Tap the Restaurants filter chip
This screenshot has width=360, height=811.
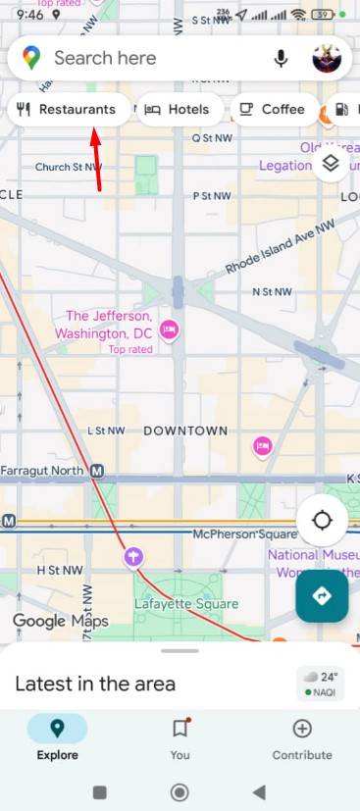click(68, 110)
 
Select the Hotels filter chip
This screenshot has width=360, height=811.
click(178, 110)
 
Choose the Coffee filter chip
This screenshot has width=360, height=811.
click(273, 110)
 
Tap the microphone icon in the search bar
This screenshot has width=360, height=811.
click(282, 59)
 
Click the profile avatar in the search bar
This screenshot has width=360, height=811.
click(326, 59)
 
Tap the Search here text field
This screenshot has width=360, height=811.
click(147, 59)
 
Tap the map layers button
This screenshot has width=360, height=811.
click(331, 164)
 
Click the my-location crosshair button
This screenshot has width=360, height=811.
click(322, 519)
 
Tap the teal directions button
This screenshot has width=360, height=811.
click(322, 595)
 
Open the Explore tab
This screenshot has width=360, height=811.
click(57, 737)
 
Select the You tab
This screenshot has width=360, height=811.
click(180, 737)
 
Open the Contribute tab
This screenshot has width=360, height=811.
click(302, 737)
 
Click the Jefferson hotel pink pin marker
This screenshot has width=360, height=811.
click(169, 328)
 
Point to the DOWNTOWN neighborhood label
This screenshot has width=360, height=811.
click(185, 431)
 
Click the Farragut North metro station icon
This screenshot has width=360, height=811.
click(96, 472)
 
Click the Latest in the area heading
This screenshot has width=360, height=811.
click(95, 684)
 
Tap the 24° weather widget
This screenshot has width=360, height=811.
click(321, 684)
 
